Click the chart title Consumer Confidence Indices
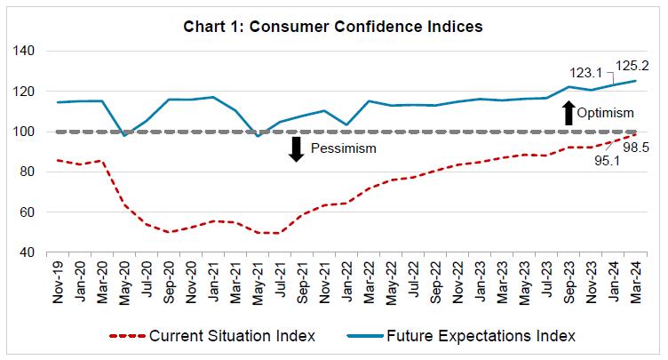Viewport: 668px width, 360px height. click(334, 27)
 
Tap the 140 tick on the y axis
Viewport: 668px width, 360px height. click(24, 52)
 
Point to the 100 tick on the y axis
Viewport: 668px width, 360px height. click(24, 132)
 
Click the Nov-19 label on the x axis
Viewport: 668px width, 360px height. click(60, 283)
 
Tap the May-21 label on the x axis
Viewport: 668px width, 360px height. click(258, 283)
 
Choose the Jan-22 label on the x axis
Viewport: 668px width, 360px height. click(348, 283)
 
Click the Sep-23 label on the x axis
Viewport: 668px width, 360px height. click(569, 283)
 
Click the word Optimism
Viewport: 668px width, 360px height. click(605, 114)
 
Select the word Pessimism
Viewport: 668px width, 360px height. click(345, 148)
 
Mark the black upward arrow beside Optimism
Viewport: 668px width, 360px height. click(569, 113)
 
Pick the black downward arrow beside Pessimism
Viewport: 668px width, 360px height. click(297, 148)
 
